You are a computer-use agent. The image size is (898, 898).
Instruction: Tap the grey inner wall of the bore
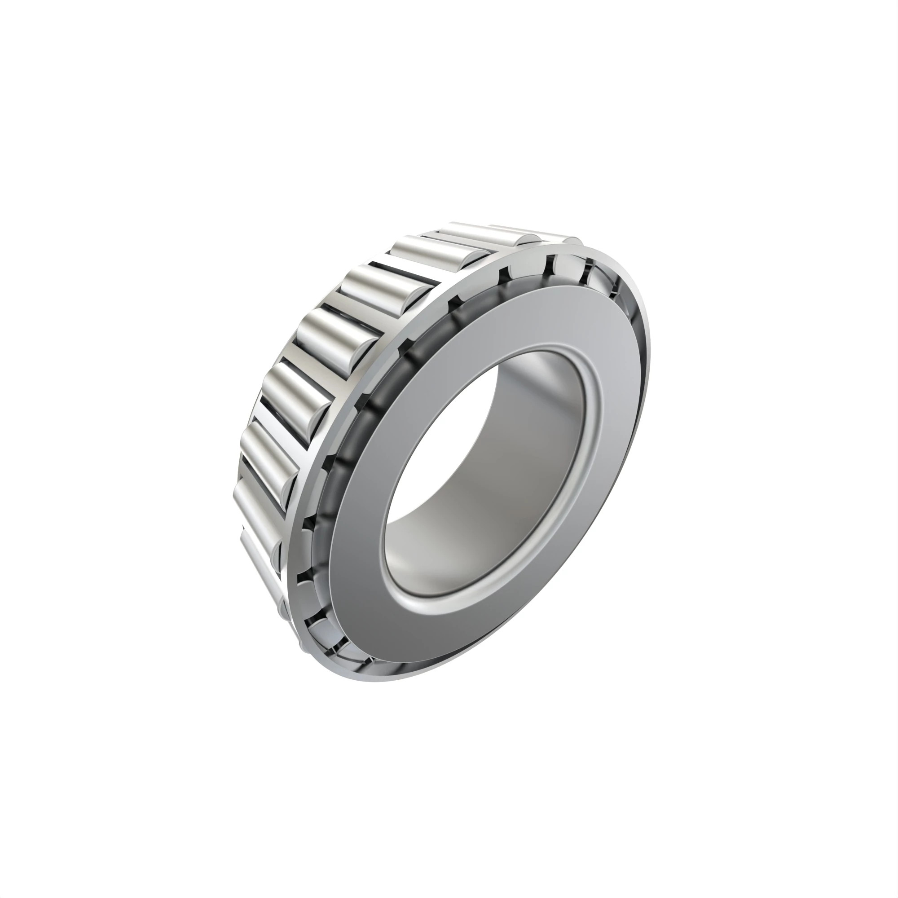point(534,418)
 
